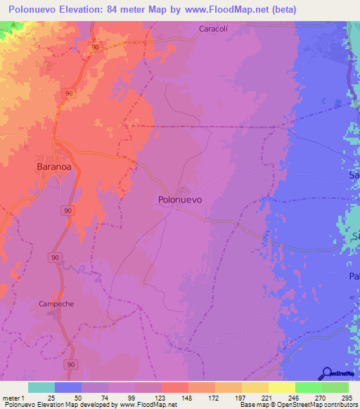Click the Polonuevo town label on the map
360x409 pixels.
pos(180,200)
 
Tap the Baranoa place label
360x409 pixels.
pos(53,167)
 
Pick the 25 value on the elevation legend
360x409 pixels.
pos(51,398)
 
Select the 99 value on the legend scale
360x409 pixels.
pos(131,398)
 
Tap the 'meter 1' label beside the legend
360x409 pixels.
pos(13,398)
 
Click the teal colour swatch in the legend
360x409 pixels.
pos(41,387)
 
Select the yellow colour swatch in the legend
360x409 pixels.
pos(281,387)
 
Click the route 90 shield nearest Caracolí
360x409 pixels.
pos(94,46)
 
